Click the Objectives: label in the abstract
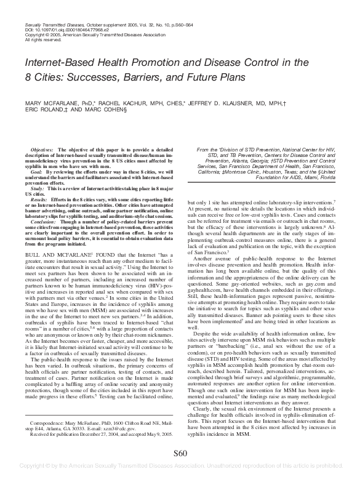[42, 150]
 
